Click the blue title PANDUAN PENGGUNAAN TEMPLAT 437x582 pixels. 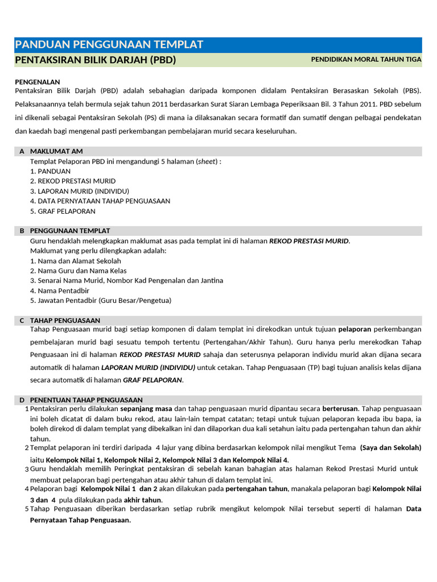coord(109,45)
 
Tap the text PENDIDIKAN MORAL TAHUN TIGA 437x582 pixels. coord(366,60)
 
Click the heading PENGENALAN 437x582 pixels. coord(37,82)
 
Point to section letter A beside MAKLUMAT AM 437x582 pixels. coord(22,151)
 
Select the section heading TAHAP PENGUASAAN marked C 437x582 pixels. coord(65,321)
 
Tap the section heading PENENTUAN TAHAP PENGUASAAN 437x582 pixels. coord(86,400)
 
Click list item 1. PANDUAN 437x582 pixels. coord(50,171)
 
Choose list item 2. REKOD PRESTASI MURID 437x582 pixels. coord(72,181)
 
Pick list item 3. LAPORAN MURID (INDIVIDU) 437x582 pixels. coord(80,191)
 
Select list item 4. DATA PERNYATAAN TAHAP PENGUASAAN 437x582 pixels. coord(100,201)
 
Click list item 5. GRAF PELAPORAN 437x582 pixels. coord(63,211)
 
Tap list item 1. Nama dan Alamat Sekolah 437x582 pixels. coord(75,261)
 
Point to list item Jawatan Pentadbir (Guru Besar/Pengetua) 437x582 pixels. coord(100,301)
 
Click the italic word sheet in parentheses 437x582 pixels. coord(207,161)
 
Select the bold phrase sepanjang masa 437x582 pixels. coord(146,409)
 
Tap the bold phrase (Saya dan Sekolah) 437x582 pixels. coord(390,448)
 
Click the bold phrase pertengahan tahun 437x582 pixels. coord(257,489)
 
